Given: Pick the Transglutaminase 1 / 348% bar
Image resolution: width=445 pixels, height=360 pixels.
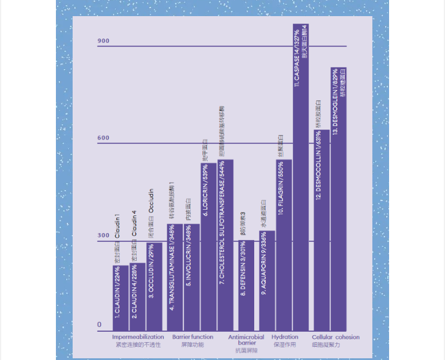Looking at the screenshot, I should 175,277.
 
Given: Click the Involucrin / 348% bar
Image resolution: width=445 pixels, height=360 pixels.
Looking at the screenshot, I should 191,277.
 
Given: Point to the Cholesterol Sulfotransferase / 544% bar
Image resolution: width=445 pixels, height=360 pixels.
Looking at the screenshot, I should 225,245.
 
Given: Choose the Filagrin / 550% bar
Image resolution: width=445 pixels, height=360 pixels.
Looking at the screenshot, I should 284,245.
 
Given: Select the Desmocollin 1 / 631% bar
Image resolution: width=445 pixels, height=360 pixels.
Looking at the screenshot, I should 322,230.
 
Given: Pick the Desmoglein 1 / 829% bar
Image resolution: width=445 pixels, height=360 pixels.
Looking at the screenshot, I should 338,199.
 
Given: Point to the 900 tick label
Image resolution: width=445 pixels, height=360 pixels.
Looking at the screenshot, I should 103,41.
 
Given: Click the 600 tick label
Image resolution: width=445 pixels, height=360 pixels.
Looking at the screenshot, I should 103,138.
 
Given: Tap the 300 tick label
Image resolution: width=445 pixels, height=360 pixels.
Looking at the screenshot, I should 103,236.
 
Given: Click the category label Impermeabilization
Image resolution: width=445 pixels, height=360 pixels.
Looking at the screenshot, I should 138,337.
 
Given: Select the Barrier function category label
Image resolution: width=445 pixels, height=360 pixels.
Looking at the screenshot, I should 193,337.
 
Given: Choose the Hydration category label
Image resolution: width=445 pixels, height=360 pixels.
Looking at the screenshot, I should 285,337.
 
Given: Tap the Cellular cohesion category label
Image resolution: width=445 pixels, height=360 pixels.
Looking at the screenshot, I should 335,337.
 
